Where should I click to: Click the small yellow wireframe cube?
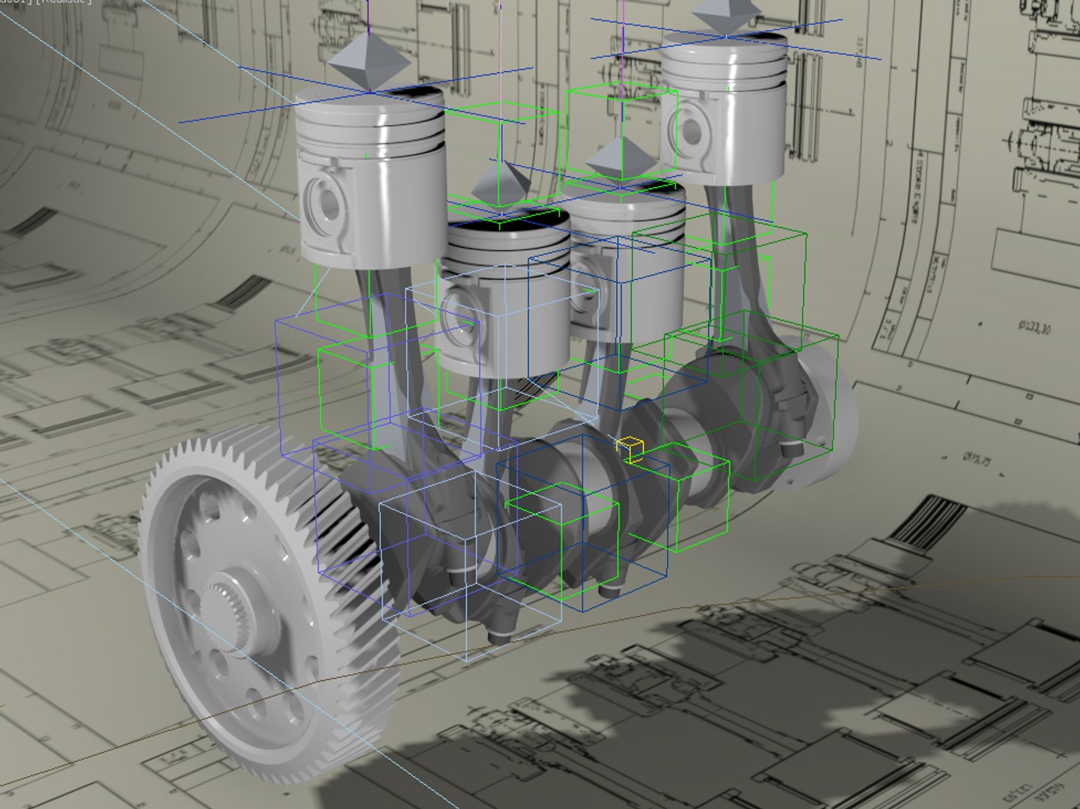[630, 449]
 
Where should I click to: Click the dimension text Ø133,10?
[1034, 327]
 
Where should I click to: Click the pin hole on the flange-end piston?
[690, 130]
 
